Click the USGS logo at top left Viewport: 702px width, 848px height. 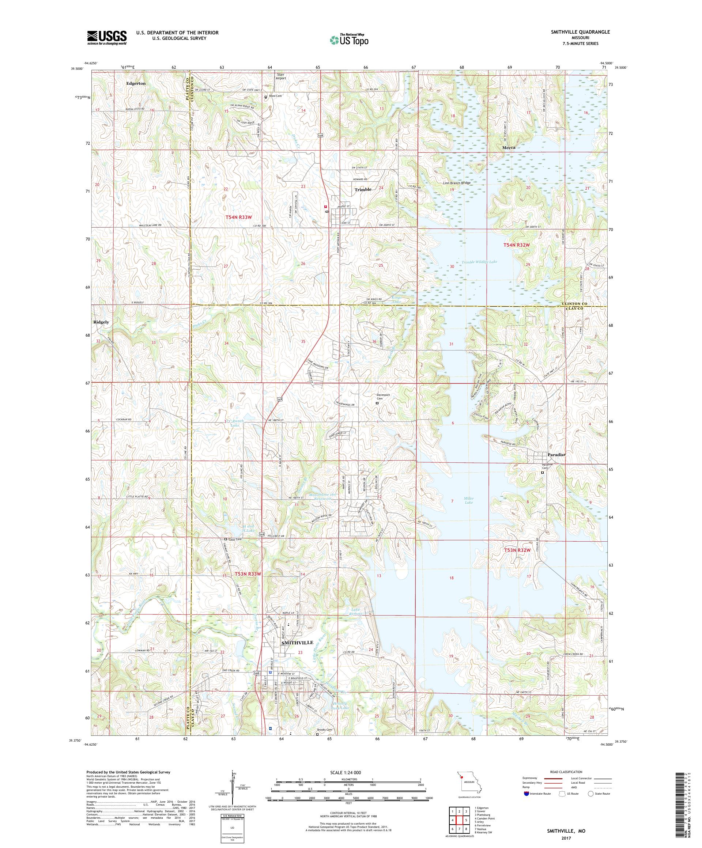(107, 38)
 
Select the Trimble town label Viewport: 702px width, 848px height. (363, 189)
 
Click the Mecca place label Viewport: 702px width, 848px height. (509, 148)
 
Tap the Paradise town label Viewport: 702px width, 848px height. (556, 454)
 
